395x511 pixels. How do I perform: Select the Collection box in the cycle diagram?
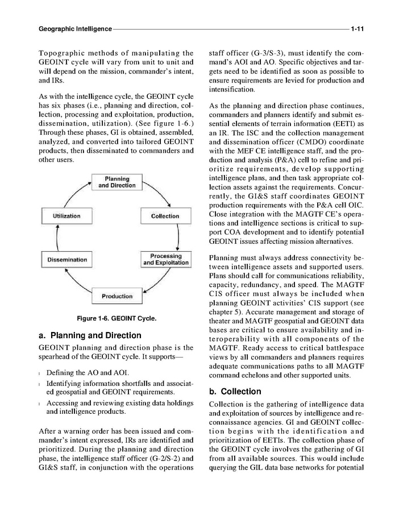tap(165, 216)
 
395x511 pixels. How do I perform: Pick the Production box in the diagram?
tap(117, 296)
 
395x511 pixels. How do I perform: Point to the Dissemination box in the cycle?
tap(67, 260)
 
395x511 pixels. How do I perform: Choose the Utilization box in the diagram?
tap(66, 216)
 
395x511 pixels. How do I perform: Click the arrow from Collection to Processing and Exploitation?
tap(178, 238)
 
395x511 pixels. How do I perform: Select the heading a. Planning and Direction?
tap(90, 335)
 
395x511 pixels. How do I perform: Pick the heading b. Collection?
tap(235, 392)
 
